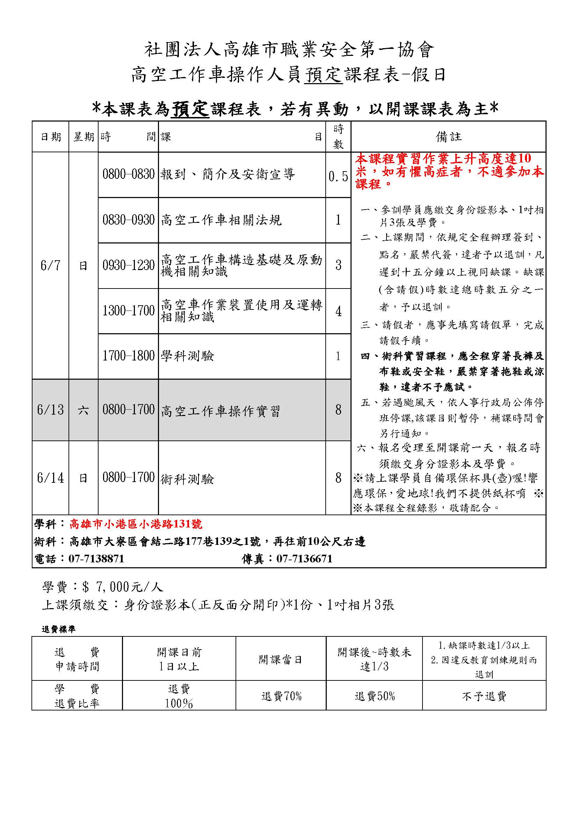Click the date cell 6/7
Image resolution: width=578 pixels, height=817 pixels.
pos(50,265)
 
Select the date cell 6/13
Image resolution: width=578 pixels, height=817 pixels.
pos(50,410)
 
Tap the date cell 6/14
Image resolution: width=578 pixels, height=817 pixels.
pos(50,477)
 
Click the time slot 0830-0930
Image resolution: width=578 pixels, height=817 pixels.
pos(129,220)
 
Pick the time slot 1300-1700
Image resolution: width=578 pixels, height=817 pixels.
pos(129,311)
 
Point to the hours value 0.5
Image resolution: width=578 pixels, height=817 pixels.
pos(338,176)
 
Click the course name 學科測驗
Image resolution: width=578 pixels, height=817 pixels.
pos(187,356)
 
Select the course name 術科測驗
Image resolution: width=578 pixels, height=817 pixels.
pos(187,479)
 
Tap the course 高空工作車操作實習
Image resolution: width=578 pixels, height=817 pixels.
pos(221,411)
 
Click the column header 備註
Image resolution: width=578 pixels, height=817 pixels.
pos(448,137)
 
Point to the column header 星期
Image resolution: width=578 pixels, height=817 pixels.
pos(84,137)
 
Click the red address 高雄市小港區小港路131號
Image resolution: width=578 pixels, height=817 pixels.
pos(136,524)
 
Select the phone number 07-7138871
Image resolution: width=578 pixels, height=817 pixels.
pos(96,558)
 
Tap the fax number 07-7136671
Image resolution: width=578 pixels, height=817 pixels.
pos(305,558)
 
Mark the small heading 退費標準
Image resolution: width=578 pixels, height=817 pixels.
pos(58,629)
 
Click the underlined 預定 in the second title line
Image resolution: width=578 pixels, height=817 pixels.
pos(324,75)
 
